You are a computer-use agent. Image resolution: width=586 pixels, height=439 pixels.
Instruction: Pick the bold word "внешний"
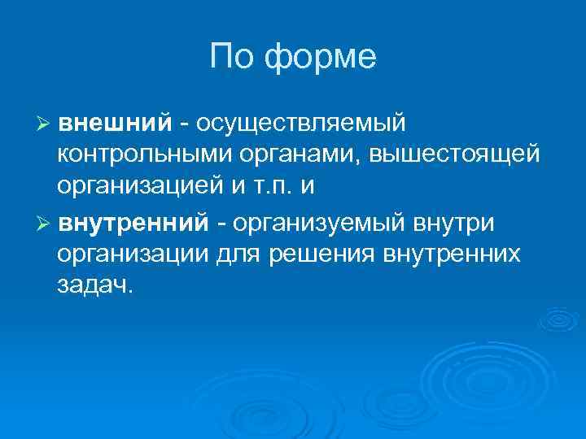point(116,122)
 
